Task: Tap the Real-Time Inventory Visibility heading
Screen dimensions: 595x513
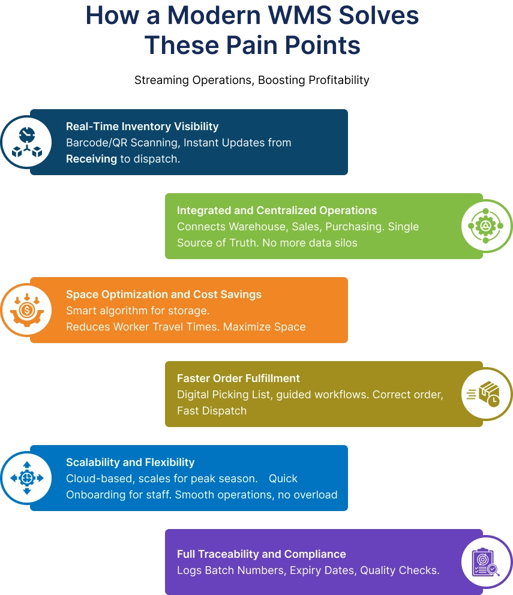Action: [x=142, y=127]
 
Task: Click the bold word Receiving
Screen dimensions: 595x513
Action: [x=91, y=158]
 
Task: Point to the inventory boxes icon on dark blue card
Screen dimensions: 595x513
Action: [x=27, y=142]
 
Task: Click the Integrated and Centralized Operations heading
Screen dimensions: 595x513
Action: [x=277, y=211]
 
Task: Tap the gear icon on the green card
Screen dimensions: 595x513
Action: [x=486, y=226]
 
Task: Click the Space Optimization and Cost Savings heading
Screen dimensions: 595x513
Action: [x=163, y=295]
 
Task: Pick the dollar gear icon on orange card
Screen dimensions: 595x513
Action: [x=27, y=310]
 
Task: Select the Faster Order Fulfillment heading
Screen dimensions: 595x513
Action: [x=238, y=378]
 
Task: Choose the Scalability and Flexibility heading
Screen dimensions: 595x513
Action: [x=130, y=462]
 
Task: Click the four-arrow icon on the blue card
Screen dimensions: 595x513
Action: [x=27, y=478]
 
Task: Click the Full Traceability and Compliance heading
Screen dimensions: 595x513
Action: [x=261, y=554]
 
